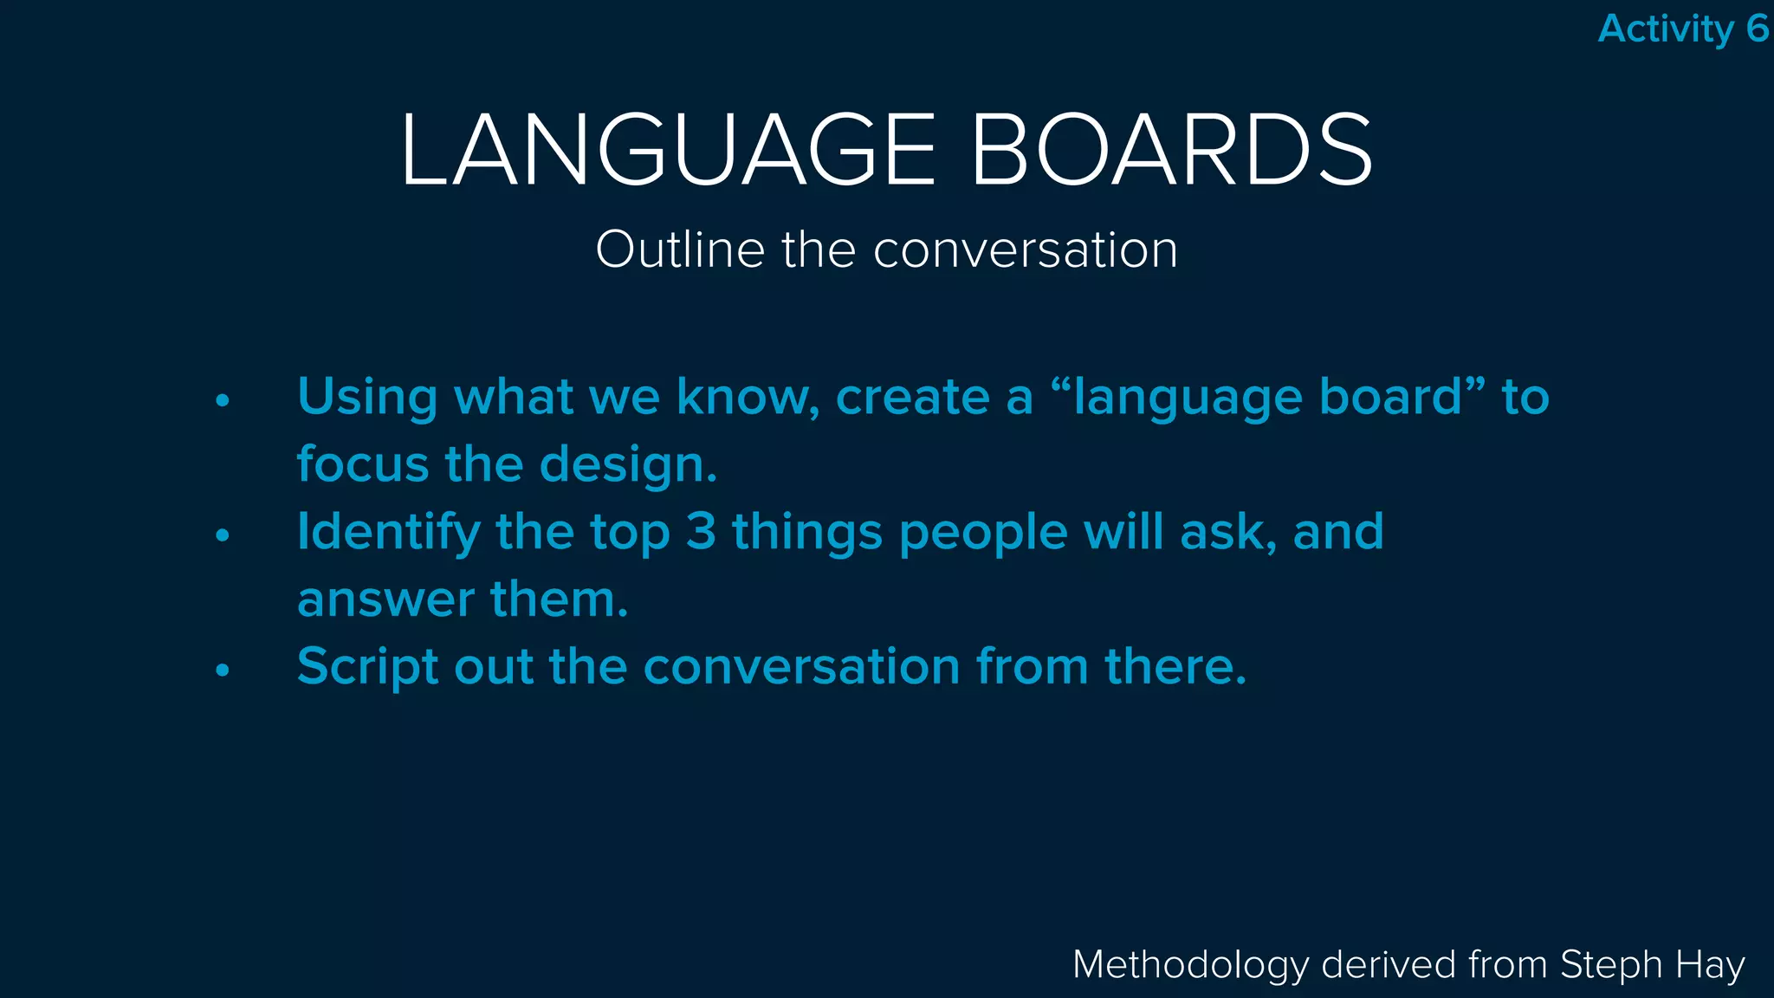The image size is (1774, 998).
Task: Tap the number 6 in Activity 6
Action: click(x=1757, y=29)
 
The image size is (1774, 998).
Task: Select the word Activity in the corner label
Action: click(x=1665, y=29)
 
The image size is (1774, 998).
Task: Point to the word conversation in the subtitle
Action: click(x=1026, y=250)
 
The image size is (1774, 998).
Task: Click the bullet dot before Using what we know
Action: click(x=223, y=400)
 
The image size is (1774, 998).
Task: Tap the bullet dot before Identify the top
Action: click(x=223, y=535)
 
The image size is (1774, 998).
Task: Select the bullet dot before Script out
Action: click(x=223, y=670)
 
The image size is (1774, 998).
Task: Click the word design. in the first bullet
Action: click(x=628, y=465)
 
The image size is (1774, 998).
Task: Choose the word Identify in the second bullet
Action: click(x=388, y=533)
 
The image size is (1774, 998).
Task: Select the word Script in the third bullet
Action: click(x=367, y=667)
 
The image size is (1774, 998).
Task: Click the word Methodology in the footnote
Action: click(x=1190, y=965)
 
